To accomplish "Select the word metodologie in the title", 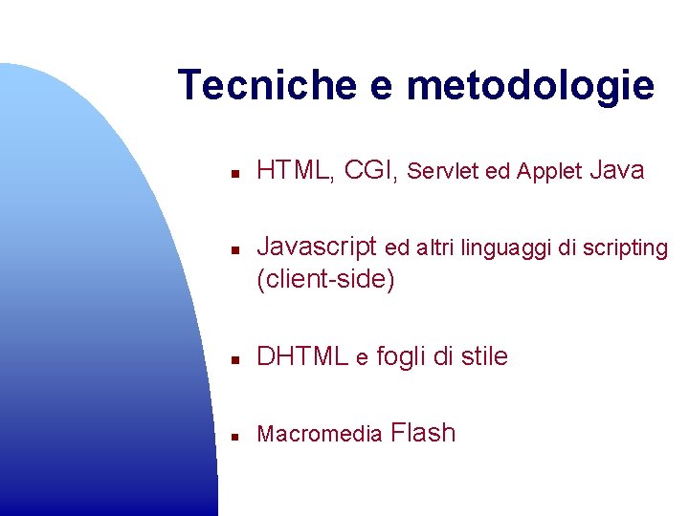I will click(530, 85).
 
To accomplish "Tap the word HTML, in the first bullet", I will click(296, 171).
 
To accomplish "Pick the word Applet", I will click(548, 172).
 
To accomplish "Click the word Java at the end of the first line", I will click(617, 171).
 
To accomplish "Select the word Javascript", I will click(317, 247).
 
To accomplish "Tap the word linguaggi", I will click(500, 248).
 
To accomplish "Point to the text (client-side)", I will click(325, 280).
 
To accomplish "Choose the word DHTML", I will click(302, 357).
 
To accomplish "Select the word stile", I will click(484, 357).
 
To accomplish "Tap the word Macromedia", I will click(320, 435).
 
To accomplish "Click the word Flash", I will click(424, 433).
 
